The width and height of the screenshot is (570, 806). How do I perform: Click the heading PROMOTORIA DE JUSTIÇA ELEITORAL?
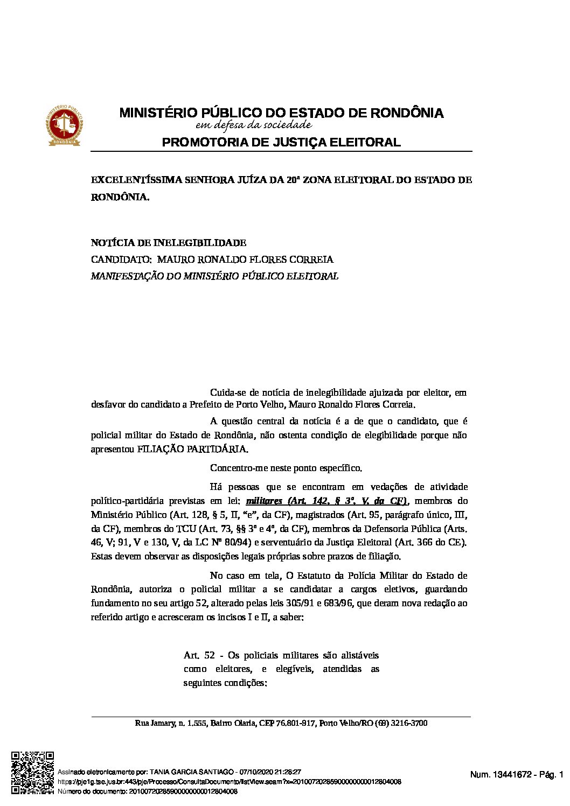[281, 143]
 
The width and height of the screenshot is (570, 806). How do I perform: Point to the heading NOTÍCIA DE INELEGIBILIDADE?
[169, 243]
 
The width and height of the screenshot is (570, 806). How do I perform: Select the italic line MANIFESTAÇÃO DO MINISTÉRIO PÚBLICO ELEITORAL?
[214, 276]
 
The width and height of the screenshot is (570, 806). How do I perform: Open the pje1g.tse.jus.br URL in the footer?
[229, 781]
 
